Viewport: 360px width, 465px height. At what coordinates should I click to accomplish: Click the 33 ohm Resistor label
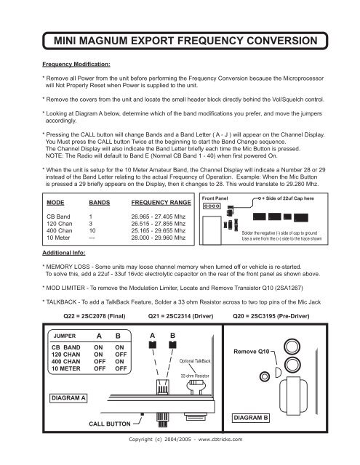pyautogui.click(x=193, y=376)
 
